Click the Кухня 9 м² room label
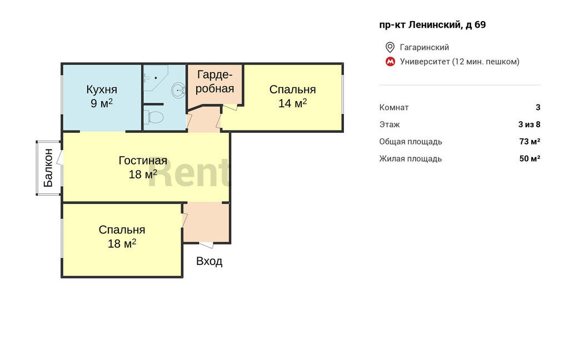coord(102,96)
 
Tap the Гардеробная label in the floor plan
coord(214,82)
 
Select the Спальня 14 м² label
coord(292,96)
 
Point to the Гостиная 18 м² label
coord(143,167)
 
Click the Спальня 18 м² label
coord(122,237)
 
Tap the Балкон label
coord(48,168)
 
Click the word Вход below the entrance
coord(209,261)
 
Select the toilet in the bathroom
coord(155,117)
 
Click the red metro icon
coord(390,62)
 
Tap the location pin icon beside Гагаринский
coord(390,47)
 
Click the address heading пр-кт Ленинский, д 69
coord(432,24)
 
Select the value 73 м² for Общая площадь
coord(530,142)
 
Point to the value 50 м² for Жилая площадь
coord(530,158)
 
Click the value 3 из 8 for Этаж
coord(530,124)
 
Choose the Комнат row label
coord(394,107)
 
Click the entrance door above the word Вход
coord(207,245)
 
